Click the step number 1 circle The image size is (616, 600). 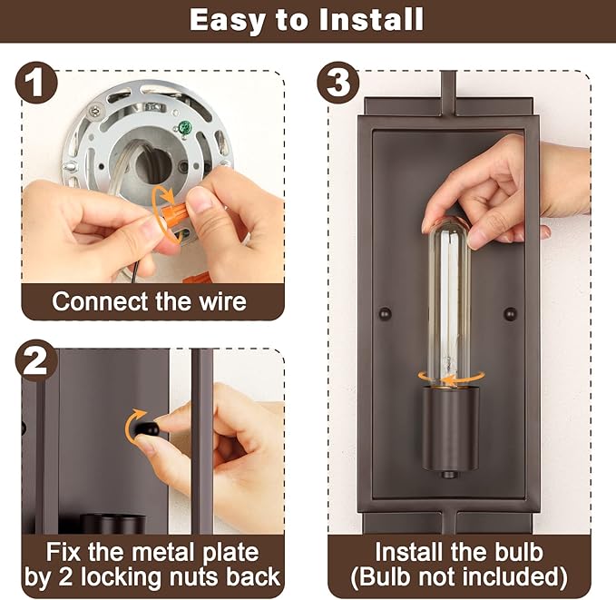(36, 83)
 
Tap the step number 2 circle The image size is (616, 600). (36, 360)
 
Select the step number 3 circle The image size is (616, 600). (338, 83)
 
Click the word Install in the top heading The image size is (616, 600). (371, 20)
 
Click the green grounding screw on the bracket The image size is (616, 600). (185, 127)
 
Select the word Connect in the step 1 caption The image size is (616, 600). (101, 301)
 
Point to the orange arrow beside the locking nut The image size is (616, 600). (133, 426)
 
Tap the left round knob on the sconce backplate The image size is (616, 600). (385, 313)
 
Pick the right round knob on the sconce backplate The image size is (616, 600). (510, 313)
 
